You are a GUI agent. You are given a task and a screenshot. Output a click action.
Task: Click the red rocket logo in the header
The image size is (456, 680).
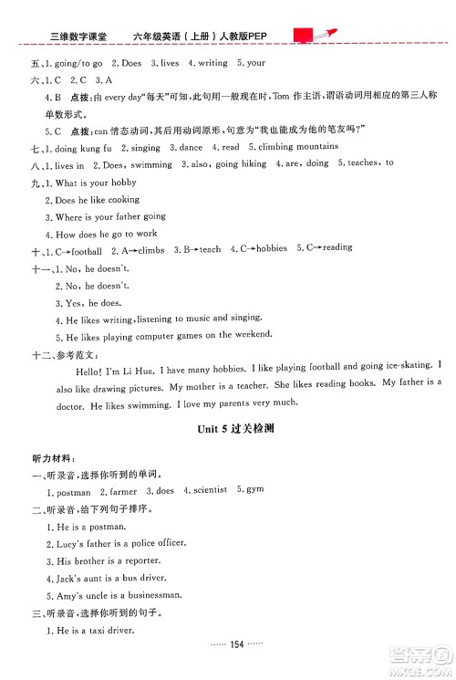pos(310,35)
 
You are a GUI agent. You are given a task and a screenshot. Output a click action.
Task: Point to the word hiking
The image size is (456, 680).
pos(252,164)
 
